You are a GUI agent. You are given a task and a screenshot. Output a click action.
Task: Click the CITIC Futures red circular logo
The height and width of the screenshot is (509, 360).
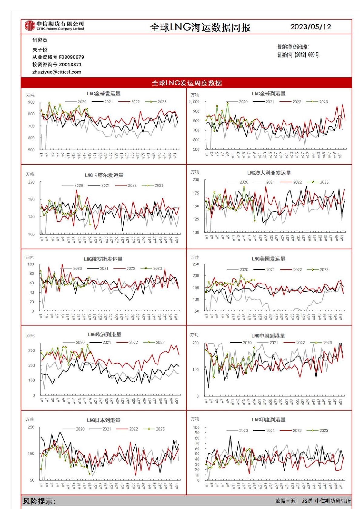point(30,26)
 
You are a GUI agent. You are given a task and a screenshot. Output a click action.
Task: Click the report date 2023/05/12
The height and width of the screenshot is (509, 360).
point(311,27)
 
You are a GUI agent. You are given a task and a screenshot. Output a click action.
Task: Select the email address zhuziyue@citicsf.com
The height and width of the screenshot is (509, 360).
point(57,72)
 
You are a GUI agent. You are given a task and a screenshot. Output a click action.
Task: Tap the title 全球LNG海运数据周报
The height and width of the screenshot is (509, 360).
point(200,27)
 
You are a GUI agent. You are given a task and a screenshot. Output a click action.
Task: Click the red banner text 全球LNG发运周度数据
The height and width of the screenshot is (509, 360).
point(186,83)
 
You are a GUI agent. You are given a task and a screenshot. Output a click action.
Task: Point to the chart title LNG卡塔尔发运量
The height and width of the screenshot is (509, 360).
point(104,175)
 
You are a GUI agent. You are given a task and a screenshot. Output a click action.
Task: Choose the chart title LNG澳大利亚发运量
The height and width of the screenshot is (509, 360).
point(269,173)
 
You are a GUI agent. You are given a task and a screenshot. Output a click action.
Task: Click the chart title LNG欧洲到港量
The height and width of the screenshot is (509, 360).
point(104,334)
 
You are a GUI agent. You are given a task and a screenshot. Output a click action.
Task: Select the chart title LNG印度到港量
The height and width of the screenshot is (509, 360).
point(268,420)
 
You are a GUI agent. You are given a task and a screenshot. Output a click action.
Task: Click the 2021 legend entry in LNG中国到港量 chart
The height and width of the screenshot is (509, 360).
point(274,343)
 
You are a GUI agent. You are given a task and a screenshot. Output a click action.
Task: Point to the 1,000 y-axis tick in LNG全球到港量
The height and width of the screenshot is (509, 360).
point(194,102)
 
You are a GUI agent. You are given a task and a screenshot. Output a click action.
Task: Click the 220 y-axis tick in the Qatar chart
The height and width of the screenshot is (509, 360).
point(31,182)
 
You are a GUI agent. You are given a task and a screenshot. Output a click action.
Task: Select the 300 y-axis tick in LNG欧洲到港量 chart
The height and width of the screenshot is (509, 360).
point(32,351)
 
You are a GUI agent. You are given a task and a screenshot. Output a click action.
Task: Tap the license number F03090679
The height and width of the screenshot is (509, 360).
point(72,57)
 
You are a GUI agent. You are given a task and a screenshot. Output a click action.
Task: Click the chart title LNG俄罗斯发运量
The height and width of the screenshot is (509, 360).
point(103,259)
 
